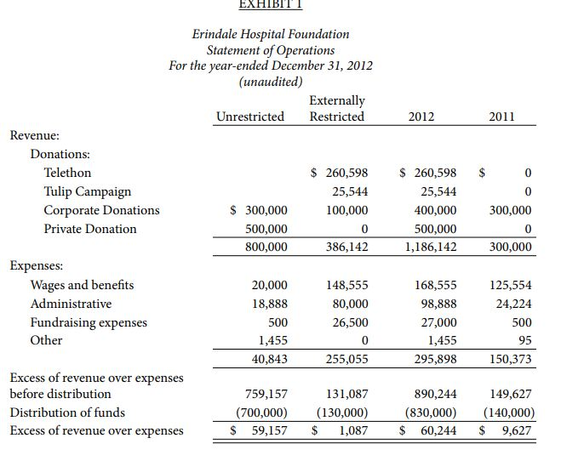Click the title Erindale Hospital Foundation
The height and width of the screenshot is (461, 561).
pyautogui.click(x=270, y=34)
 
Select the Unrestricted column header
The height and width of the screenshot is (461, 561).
pyautogui.click(x=250, y=117)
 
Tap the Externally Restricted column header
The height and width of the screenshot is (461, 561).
pyautogui.click(x=337, y=109)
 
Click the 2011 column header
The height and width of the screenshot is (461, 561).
pyautogui.click(x=501, y=117)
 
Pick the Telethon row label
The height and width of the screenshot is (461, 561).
pyautogui.click(x=67, y=173)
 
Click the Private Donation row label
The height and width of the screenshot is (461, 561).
pyautogui.click(x=90, y=229)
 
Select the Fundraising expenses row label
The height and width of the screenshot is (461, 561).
pyautogui.click(x=89, y=322)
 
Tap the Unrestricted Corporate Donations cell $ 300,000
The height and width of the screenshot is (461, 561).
pyautogui.click(x=260, y=210)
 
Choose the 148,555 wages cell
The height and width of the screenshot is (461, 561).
pyautogui.click(x=347, y=285)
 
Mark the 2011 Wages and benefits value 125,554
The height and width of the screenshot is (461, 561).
pyautogui.click(x=512, y=285)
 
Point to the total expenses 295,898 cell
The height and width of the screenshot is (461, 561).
pyautogui.click(x=435, y=360)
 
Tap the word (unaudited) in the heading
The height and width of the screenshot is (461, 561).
pyautogui.click(x=270, y=82)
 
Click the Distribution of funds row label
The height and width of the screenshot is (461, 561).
pyautogui.click(x=67, y=413)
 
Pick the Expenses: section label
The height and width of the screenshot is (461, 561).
pyautogui.click(x=35, y=266)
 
